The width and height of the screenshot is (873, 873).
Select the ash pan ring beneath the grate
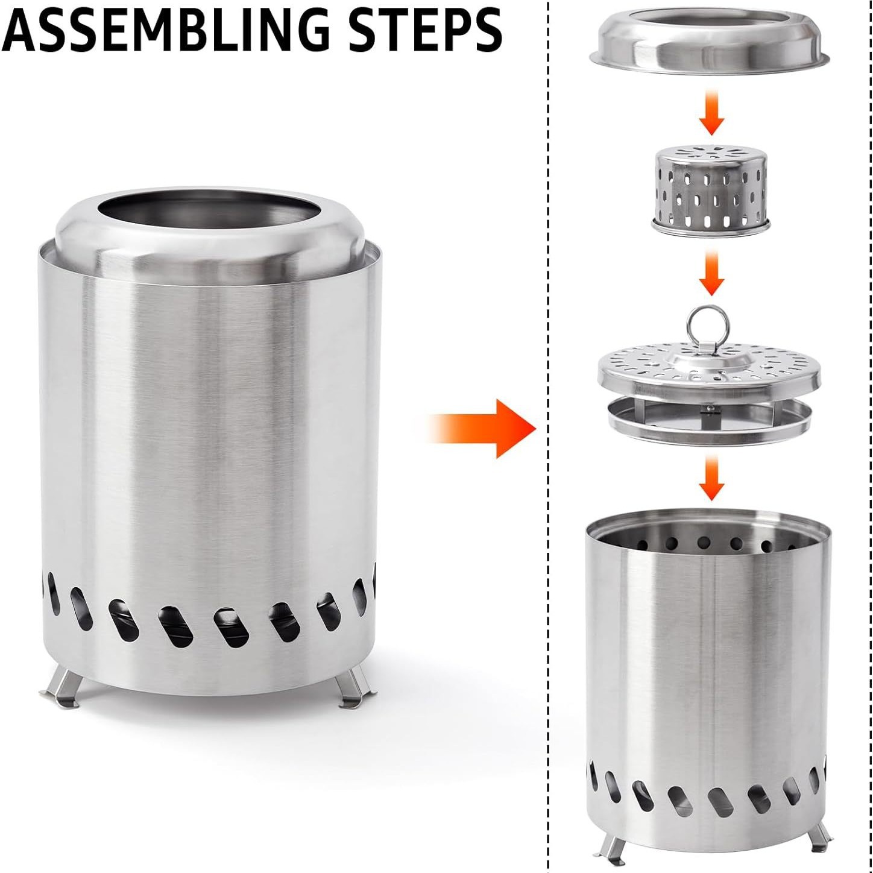coord(708,431)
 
